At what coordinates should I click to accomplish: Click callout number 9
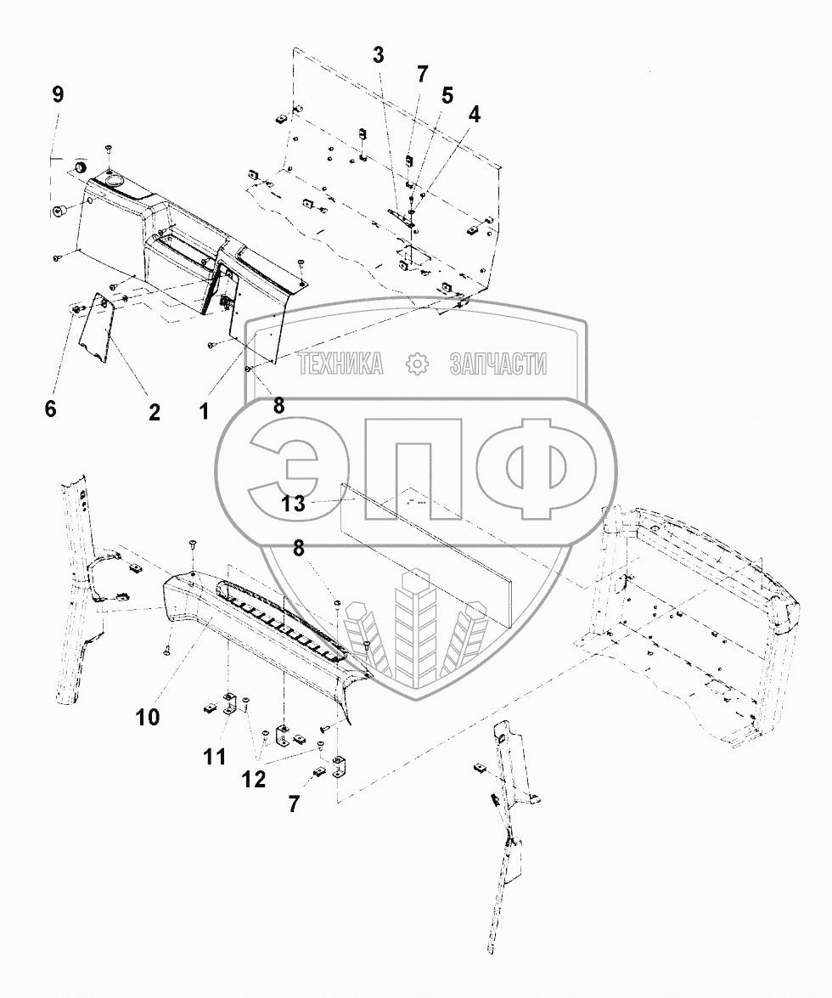pyautogui.click(x=58, y=94)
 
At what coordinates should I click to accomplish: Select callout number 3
pyautogui.click(x=378, y=56)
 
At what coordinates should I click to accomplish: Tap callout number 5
pyautogui.click(x=447, y=96)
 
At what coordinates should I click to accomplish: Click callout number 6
pyautogui.click(x=51, y=409)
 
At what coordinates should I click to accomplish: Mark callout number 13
pyautogui.click(x=294, y=503)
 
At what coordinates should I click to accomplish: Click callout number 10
pyautogui.click(x=147, y=717)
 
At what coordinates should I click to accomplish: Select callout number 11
pyautogui.click(x=215, y=755)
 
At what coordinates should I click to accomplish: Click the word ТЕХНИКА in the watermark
pyautogui.click(x=340, y=364)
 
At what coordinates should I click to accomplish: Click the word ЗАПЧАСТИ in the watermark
pyautogui.click(x=497, y=364)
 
